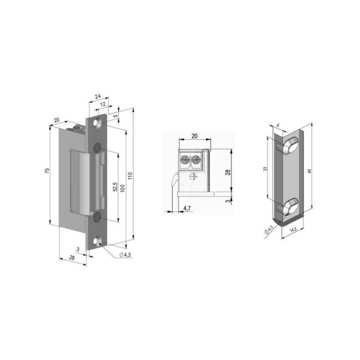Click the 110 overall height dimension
coord(130,175)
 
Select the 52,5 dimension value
coord(115,187)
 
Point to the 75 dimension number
coord(47,171)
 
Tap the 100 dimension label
coord(122,188)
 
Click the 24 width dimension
coord(98,96)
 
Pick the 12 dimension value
coord(103,104)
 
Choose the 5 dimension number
coord(116,116)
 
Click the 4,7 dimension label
coord(187,208)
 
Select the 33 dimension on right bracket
coord(265,169)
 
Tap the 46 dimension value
coord(309,171)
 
